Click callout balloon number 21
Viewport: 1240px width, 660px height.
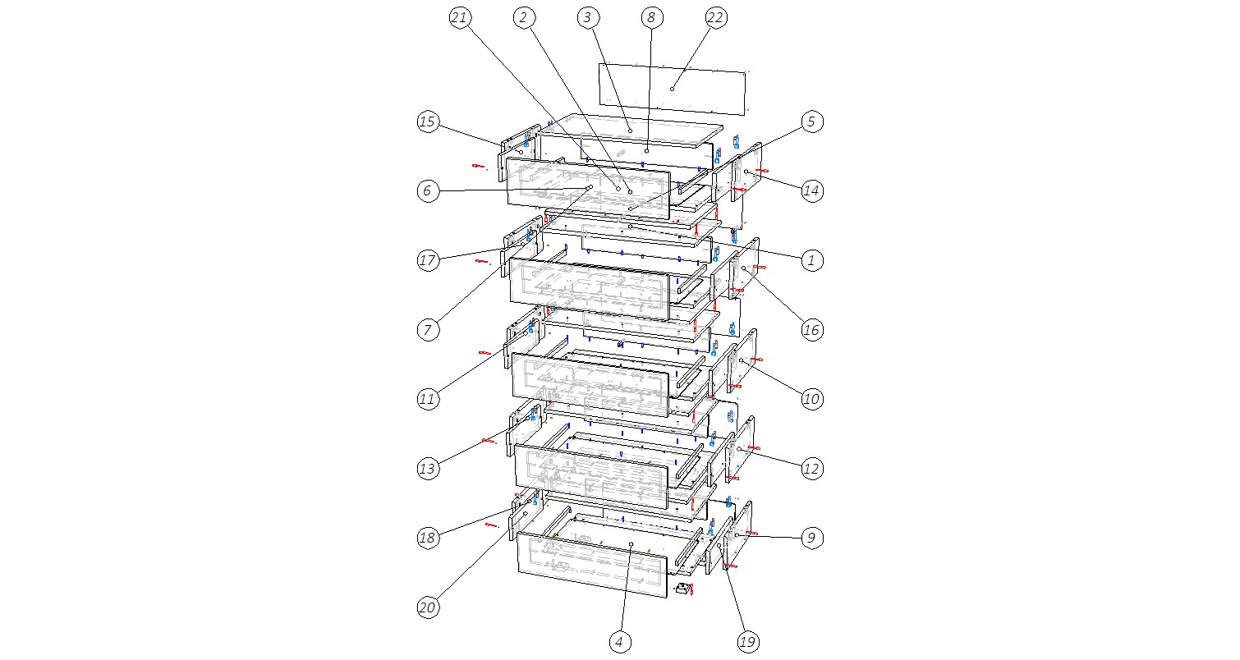[460, 18]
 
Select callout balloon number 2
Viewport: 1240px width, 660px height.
[523, 18]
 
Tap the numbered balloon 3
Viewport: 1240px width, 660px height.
[587, 18]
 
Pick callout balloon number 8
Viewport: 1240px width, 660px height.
[651, 18]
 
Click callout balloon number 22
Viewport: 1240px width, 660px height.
[716, 18]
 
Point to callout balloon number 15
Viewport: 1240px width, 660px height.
[428, 121]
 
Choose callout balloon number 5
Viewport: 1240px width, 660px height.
[811, 121]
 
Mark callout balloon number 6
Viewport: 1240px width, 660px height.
[428, 191]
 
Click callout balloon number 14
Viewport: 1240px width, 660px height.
[811, 191]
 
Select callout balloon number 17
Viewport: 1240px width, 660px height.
[428, 260]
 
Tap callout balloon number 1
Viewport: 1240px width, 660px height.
[811, 260]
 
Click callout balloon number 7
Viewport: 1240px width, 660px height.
[428, 330]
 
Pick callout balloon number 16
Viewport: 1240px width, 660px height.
[811, 330]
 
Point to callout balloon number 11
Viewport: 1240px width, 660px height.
[428, 400]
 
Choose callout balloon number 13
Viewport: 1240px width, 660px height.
[428, 469]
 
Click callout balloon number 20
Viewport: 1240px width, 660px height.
[428, 608]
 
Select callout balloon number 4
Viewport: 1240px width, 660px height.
[619, 642]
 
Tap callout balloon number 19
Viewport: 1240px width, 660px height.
[748, 642]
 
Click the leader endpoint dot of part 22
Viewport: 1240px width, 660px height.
[672, 89]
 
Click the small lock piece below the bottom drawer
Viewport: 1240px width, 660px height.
[684, 589]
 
